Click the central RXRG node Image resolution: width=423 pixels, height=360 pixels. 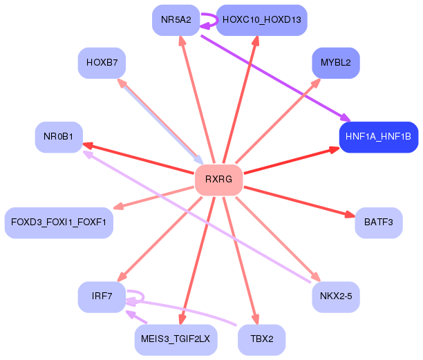tap(218, 180)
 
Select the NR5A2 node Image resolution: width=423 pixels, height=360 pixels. tap(176, 19)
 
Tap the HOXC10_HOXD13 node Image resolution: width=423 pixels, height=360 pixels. tap(261, 19)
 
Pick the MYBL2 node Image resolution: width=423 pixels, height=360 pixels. tap(335, 62)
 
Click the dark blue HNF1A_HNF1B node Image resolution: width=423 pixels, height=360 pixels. tap(378, 137)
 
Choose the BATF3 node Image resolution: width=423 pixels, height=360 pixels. tap(378, 222)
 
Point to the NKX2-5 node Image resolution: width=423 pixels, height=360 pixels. tap(335, 296)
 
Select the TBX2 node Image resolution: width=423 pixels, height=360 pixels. tap(261, 339)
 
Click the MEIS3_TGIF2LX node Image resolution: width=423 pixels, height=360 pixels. tap(176, 339)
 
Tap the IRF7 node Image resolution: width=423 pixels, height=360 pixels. tap(102, 296)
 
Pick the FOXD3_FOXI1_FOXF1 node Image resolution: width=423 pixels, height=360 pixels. tap(59, 222)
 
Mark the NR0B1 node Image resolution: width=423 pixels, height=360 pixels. tap(59, 137)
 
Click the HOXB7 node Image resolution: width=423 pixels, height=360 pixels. tap(102, 62)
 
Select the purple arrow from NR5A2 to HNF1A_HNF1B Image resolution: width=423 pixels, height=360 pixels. tap(276, 76)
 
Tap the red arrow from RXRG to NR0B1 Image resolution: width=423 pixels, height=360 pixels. tap(138, 158)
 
